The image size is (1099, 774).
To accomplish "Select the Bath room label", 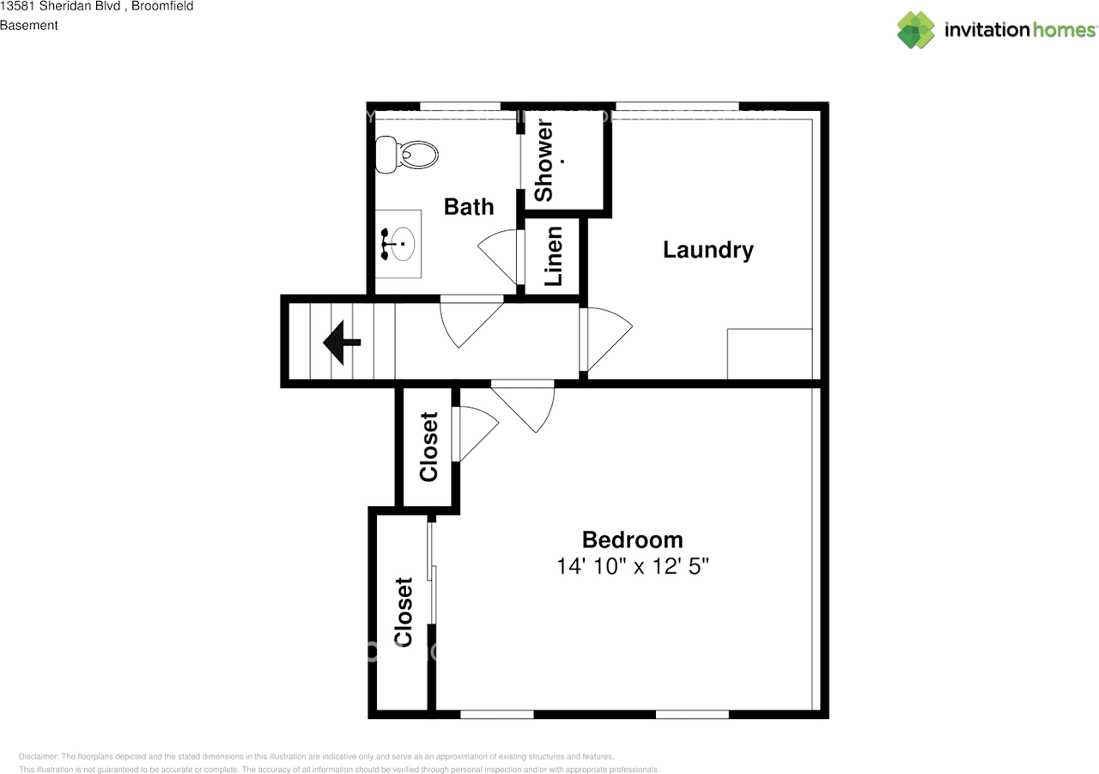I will click(x=469, y=207).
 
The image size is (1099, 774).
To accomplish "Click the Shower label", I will click(x=544, y=161).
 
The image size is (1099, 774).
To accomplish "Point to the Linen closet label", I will click(x=554, y=256).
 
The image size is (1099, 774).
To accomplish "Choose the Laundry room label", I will click(x=708, y=250).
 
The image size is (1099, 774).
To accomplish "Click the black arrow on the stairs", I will click(x=342, y=343).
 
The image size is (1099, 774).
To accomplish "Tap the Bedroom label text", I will click(x=633, y=539).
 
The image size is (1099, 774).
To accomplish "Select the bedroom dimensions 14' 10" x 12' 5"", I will click(x=633, y=567).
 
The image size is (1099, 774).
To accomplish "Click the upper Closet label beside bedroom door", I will click(x=428, y=447).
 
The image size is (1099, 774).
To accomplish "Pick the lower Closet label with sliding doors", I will click(x=403, y=612).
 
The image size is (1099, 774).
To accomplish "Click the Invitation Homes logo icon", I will click(x=915, y=30).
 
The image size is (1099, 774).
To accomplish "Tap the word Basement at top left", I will click(x=29, y=26).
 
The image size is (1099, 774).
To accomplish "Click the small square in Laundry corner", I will click(x=769, y=353).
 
